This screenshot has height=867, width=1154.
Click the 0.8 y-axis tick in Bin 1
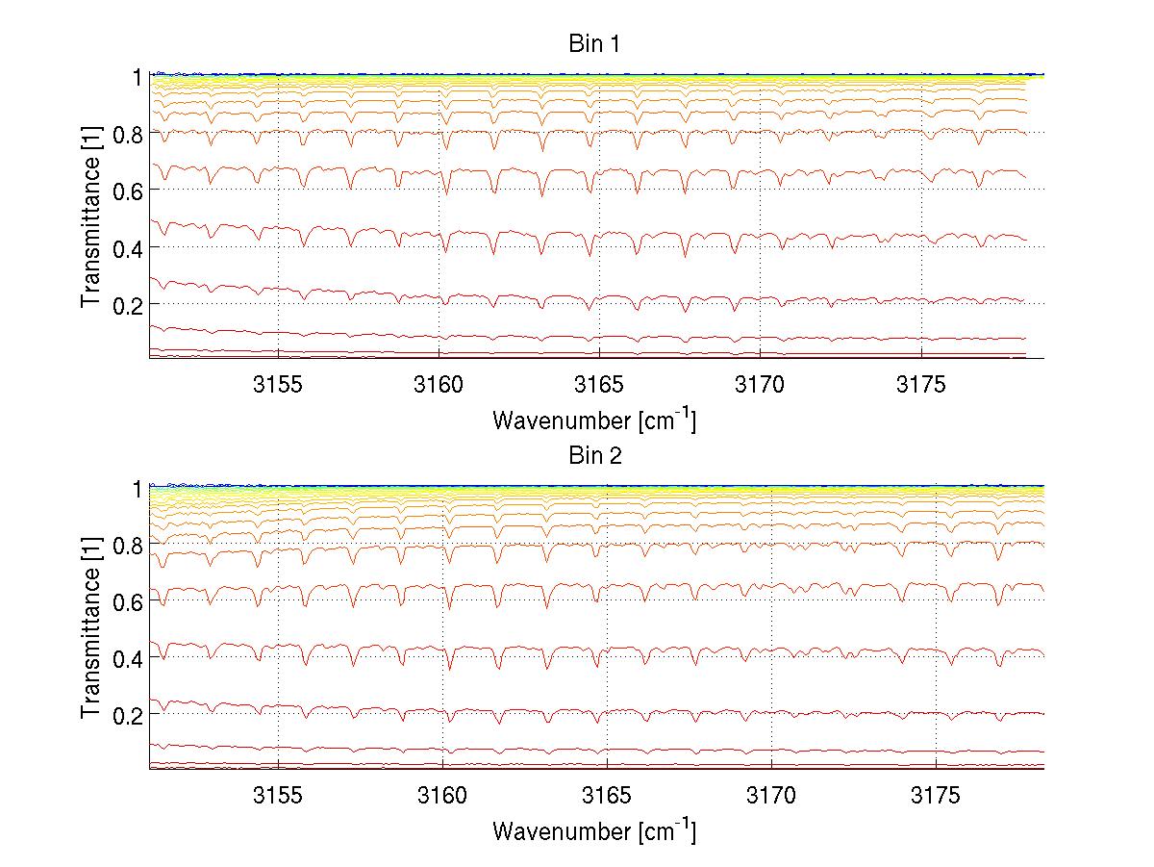(129, 133)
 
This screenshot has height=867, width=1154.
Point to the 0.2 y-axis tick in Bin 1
(129, 304)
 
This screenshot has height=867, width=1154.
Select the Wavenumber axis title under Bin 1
(593, 421)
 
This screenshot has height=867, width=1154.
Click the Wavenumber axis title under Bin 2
(593, 831)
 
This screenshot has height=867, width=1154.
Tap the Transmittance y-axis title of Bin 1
(90, 217)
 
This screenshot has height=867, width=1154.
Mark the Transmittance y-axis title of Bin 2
(90, 628)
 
